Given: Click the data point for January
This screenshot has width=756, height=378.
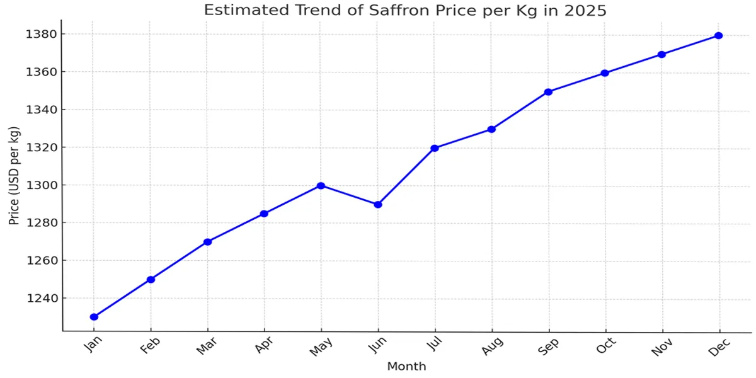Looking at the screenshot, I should point(94,317).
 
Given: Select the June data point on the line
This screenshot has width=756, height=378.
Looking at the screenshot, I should point(378,205).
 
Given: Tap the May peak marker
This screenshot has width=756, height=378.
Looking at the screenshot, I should point(321,186).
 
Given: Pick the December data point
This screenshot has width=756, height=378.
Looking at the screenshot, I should point(718,35).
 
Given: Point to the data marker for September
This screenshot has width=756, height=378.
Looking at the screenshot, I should point(548,92).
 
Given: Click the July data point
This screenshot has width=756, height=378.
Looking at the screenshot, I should point(435,148).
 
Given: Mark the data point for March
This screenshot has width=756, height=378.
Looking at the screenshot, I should point(207,242).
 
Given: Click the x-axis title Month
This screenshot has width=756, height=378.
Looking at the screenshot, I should point(406,367).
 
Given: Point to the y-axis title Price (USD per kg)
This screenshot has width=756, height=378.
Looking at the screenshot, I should point(14,176).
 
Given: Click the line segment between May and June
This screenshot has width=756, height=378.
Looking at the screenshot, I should point(350,195).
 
